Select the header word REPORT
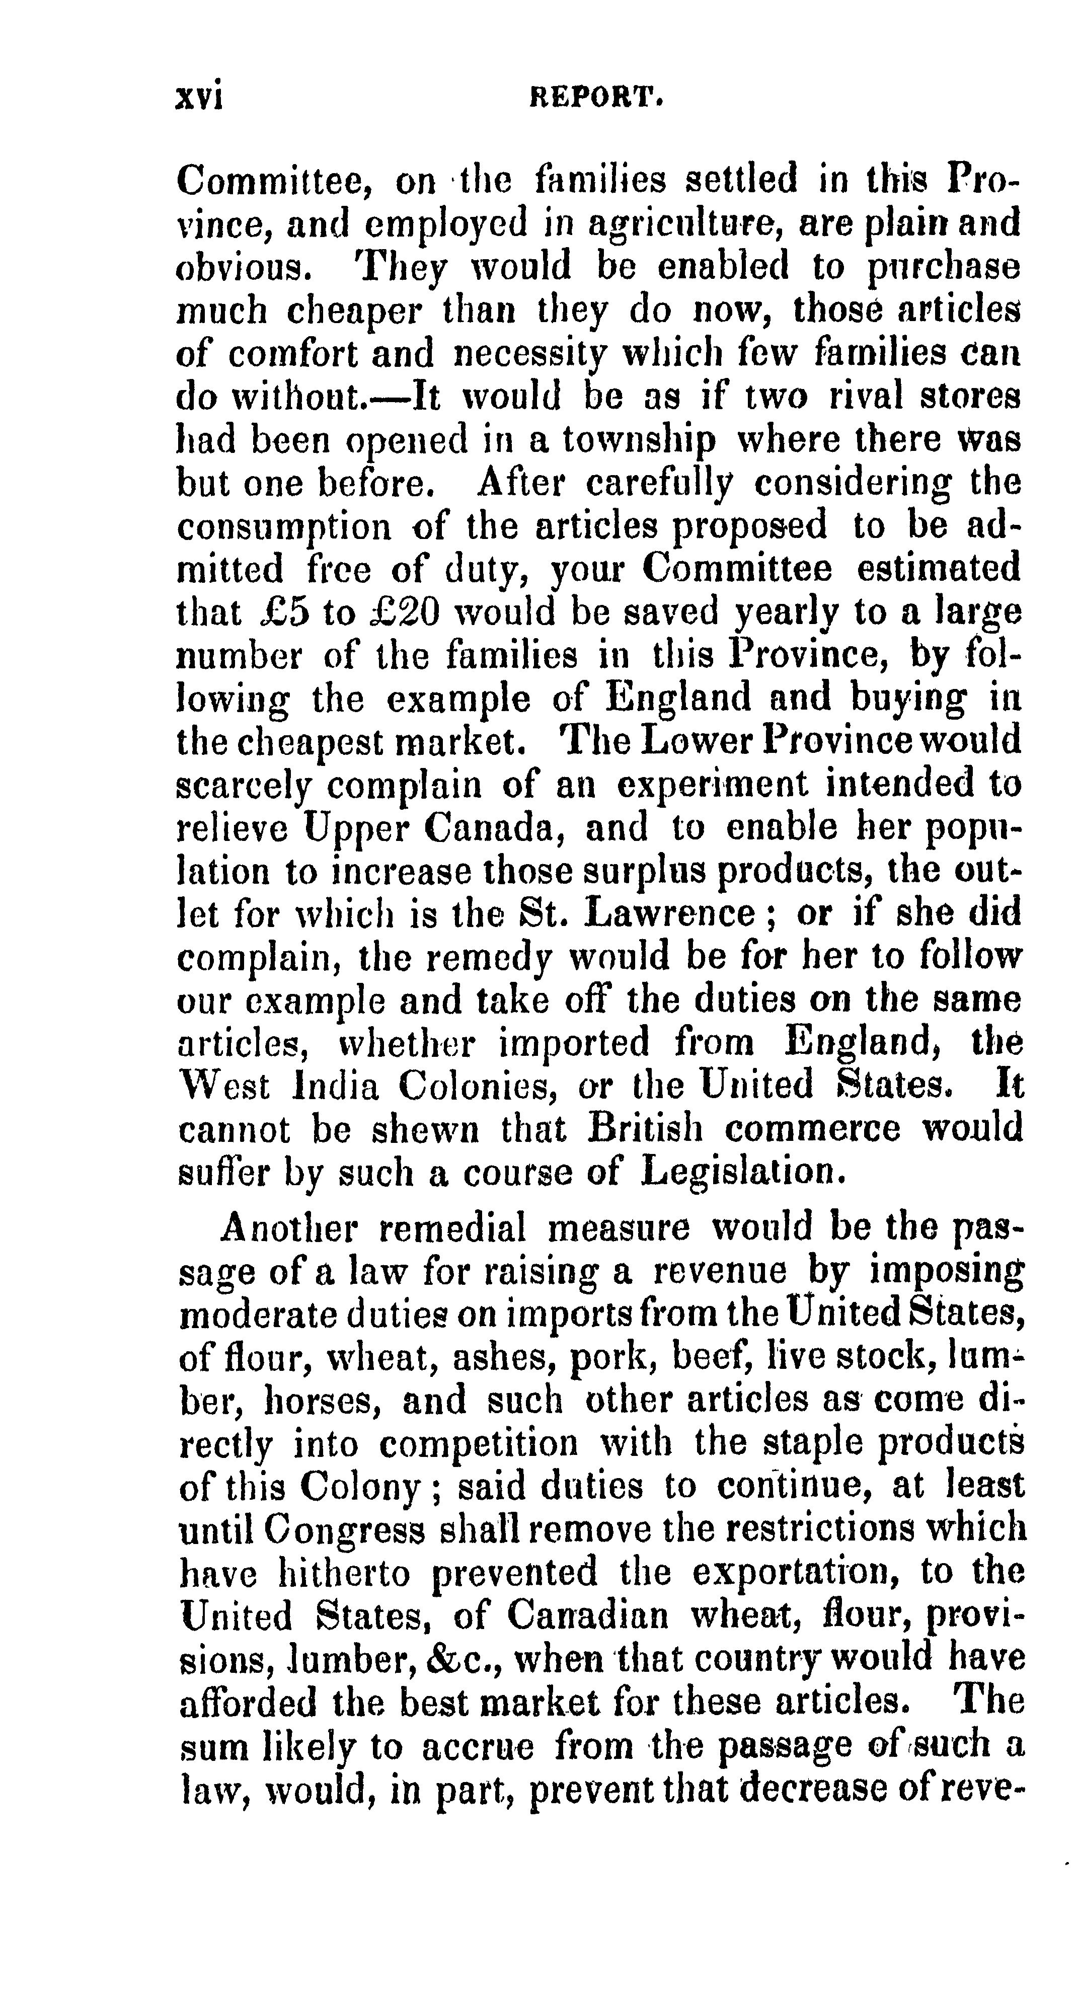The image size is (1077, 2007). point(596,97)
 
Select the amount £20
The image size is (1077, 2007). point(405,613)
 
